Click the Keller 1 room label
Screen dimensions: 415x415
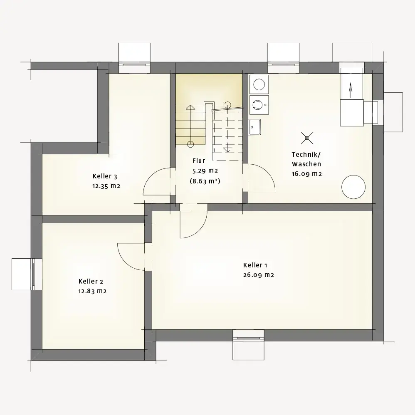pyautogui.click(x=255, y=265)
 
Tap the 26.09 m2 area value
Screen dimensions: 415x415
pyautogui.click(x=259, y=275)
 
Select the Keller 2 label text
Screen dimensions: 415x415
pyautogui.click(x=91, y=282)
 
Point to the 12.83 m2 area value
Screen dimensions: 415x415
pyautogui.click(x=92, y=291)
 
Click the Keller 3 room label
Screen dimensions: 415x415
pyautogui.click(x=105, y=176)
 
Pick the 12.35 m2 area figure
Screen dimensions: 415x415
pyautogui.click(x=106, y=186)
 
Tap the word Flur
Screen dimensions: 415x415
pyautogui.click(x=199, y=161)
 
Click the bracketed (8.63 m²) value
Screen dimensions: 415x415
pyautogui.click(x=205, y=181)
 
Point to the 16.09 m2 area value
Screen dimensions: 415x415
pyautogui.click(x=307, y=174)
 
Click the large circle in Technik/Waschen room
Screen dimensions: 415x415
pyautogui.click(x=353, y=187)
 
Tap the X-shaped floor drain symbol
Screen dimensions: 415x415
pyautogui.click(x=307, y=138)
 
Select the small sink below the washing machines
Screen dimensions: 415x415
pyautogui.click(x=254, y=127)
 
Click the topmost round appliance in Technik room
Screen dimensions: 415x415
pyautogui.click(x=259, y=84)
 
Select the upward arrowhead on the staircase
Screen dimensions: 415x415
pyautogui.click(x=190, y=107)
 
